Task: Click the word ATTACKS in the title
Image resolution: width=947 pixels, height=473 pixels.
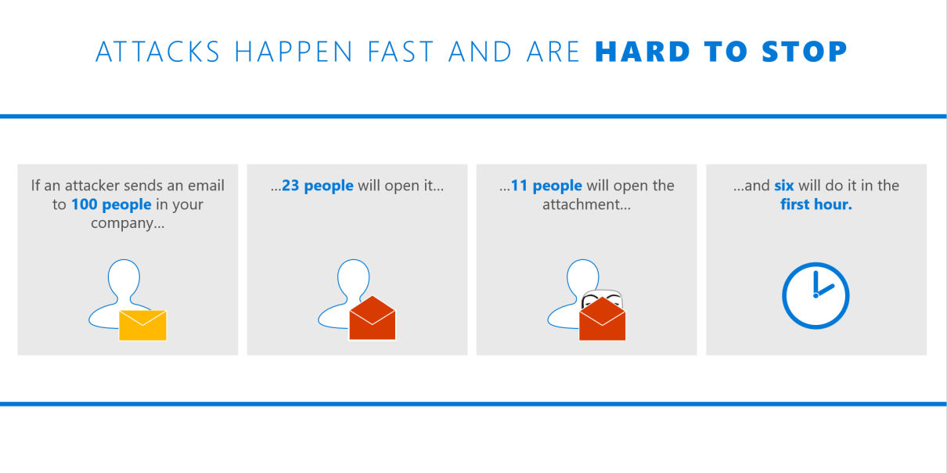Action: point(157,52)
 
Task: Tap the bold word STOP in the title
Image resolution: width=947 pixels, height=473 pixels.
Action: point(805,52)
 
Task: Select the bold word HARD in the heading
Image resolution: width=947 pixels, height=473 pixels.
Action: point(643,52)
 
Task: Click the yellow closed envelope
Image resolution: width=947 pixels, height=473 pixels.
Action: point(143,325)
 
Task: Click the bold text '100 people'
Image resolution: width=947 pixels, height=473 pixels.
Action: point(111,204)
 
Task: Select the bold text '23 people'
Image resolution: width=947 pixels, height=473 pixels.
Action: point(318,186)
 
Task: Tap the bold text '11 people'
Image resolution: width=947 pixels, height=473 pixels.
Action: point(546,186)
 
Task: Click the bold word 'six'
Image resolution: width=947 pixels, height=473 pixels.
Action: point(783,186)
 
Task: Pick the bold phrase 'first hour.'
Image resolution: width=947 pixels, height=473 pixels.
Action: point(816,204)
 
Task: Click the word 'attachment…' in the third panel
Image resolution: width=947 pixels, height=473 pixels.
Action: point(586,204)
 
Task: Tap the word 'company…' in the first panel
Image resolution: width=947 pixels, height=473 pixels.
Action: point(128,223)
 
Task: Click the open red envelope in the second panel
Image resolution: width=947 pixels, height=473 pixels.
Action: point(373,318)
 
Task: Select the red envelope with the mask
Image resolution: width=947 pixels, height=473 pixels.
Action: point(602,319)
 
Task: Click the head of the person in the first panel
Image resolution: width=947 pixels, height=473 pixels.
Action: point(124,277)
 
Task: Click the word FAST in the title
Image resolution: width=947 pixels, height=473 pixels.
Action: point(401,52)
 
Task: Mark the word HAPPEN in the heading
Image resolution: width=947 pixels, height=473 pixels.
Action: point(293,52)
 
